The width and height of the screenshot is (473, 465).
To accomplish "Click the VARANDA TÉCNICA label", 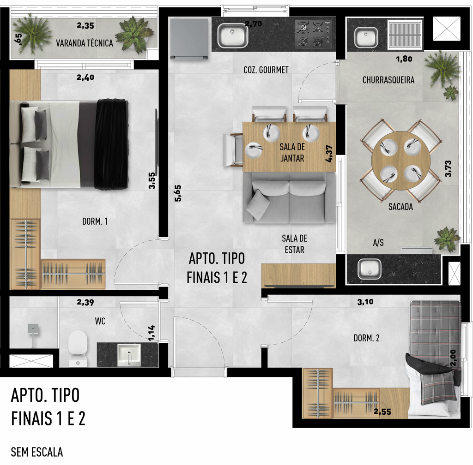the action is pos(85,43).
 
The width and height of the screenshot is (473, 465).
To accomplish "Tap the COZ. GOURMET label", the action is pos(266,70).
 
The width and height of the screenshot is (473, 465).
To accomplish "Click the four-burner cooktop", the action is pos(314,33).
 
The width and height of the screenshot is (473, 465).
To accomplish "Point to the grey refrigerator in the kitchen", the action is pos(189,38).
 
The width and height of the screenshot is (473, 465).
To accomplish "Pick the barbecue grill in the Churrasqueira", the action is pos(405,35).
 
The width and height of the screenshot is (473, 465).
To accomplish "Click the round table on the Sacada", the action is pos(401,161).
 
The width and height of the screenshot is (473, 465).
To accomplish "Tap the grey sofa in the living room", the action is pos(289,197).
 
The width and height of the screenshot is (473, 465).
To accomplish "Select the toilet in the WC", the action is pos(78,348).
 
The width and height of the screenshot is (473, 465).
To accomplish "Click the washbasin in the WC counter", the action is pos(129,355).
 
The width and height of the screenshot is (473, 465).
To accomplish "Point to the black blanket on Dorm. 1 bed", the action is pos(111,144).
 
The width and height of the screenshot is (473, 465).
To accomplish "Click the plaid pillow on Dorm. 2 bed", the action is pos(438,388).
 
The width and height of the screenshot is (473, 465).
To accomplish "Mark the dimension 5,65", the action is pos(178,193).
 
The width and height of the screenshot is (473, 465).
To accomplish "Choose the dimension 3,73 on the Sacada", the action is pos(448,169).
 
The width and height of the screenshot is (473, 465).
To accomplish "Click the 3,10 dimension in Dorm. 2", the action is pos(365,302).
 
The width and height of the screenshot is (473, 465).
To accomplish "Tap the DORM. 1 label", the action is pos(95,221).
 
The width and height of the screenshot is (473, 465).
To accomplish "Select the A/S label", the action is pos(378,243).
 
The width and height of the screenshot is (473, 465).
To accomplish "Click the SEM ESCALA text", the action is pos(37,452).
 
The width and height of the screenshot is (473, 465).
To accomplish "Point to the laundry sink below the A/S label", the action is pos(369,269).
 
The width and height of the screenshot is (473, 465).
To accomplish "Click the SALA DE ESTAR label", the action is pos(294,244).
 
